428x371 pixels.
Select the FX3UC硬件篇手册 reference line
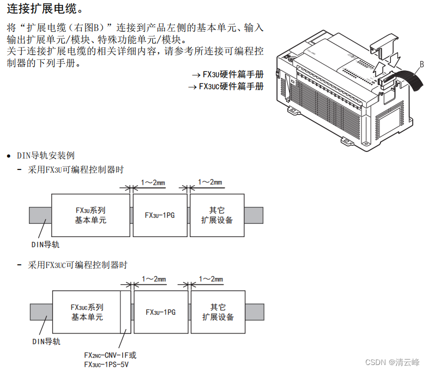point(226,86)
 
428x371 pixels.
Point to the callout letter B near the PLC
point(421,64)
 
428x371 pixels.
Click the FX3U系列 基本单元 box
point(91,215)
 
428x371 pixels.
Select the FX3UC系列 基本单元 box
point(87,312)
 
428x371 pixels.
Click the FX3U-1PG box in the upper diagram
point(160,215)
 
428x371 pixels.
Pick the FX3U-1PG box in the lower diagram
point(160,312)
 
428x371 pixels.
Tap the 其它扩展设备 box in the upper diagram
point(216,215)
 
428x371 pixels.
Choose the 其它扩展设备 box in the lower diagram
point(218,312)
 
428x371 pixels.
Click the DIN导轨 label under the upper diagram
point(46,245)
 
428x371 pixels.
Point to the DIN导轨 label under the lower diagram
point(46,342)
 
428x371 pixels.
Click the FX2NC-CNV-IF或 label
point(110,355)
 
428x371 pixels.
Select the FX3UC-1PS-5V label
point(106,364)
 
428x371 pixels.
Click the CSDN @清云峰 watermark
point(392,362)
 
